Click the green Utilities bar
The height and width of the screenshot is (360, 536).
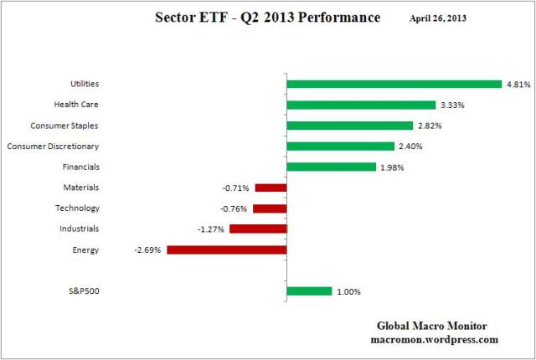(394, 84)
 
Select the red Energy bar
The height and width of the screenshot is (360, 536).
(227, 249)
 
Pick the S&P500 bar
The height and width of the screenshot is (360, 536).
(309, 291)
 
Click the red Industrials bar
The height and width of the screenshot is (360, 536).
(258, 229)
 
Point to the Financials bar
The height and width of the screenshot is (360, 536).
(331, 167)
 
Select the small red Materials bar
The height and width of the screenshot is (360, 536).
(271, 188)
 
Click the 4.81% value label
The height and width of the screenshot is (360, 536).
(517, 84)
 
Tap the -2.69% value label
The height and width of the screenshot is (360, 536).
(149, 249)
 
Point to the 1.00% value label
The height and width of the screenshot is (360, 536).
(348, 291)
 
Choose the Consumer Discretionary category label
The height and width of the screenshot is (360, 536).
(53, 147)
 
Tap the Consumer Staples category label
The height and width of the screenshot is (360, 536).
(65, 126)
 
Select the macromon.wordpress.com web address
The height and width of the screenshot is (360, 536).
(434, 340)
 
